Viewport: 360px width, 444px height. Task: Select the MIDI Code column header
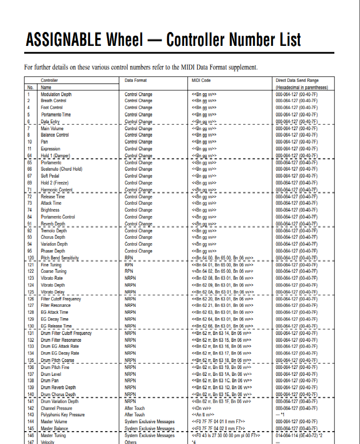pos(201,80)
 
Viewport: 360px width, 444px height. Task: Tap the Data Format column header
pos(136,80)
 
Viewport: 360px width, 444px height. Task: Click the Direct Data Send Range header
pos(297,80)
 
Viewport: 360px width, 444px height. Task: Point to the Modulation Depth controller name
pos(56,94)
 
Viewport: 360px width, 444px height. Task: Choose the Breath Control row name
pos(53,101)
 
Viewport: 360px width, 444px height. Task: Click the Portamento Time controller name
pos(56,114)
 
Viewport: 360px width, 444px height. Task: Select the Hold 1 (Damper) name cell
pos(55,156)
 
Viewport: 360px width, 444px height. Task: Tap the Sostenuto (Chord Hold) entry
pos(62,169)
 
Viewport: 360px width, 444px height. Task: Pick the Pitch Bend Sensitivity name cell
pos(60,258)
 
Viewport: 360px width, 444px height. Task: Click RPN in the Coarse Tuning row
pos(129,271)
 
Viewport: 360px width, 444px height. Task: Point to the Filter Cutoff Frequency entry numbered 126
pos(61,299)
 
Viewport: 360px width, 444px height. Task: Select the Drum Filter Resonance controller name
pos(61,340)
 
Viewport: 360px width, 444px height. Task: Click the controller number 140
pos(31,395)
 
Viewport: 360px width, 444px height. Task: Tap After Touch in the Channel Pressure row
pos(135,408)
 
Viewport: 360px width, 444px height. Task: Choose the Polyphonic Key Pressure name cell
pos(63,415)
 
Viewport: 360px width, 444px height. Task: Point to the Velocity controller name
pos(47,442)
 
